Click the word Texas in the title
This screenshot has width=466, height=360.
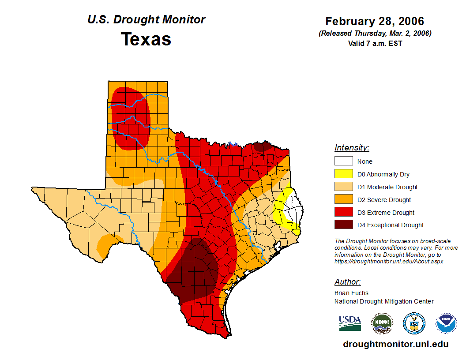coord(146,39)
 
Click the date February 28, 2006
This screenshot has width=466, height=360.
coord(375,21)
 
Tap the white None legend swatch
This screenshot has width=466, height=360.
coord(343,161)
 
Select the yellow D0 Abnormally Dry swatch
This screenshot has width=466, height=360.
coord(343,174)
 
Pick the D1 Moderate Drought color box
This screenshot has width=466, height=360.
coord(343,187)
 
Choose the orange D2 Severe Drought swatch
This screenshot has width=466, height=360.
coord(343,200)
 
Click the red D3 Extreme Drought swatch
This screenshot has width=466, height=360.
coord(343,213)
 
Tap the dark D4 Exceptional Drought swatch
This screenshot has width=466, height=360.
coord(343,225)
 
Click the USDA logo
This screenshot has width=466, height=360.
coord(350,323)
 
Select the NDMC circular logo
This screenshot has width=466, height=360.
coord(382,323)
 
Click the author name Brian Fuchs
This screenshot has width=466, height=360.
coord(351,293)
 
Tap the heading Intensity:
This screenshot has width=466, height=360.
coord(352,148)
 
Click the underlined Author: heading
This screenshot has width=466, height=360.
coord(347,282)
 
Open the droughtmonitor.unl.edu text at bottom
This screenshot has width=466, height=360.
coord(395,345)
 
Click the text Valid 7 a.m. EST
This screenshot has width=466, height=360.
coord(375,43)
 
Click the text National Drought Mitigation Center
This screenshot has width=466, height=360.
coord(384,301)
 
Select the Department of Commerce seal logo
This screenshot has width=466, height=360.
coord(414,323)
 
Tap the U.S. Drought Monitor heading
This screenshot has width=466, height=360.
coord(146,20)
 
